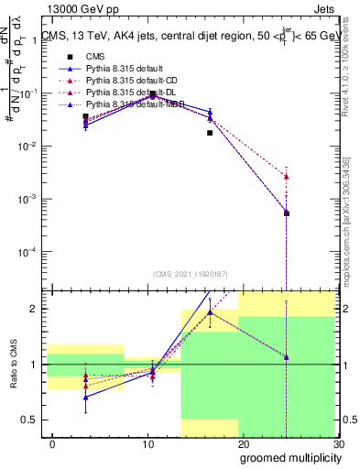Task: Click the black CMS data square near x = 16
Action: [x=210, y=133]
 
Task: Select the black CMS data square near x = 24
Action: [x=287, y=213]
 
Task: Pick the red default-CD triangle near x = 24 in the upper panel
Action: [x=287, y=176]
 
